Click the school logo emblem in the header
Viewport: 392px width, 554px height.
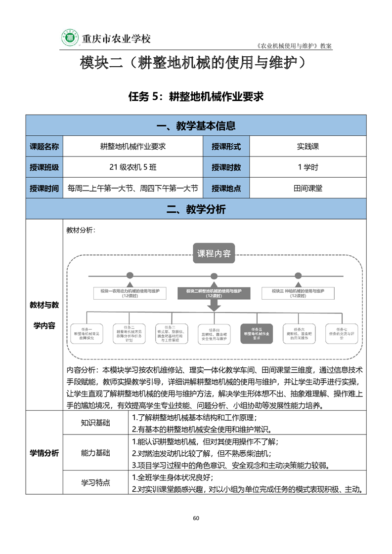70,38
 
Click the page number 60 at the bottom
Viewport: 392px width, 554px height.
196,518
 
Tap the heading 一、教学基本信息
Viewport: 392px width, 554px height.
196,126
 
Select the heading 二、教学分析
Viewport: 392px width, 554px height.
196,209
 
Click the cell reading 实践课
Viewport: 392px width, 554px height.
307,146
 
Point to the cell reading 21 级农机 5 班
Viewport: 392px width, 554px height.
133,167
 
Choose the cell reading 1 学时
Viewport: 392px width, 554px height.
307,167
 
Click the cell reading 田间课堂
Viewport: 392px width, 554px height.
307,188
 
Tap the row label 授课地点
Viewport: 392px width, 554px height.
226,188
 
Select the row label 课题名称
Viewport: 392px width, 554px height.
44,146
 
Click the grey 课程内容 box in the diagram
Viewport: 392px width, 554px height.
214,254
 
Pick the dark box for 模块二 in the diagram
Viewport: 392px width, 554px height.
214,292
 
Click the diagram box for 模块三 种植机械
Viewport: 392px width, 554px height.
298,292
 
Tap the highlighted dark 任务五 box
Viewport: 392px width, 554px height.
256,334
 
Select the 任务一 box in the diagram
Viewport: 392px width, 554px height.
87,334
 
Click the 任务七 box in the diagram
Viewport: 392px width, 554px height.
341,334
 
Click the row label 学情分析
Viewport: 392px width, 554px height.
44,453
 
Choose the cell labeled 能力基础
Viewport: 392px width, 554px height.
95,453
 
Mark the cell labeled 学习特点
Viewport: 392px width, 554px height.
95,482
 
